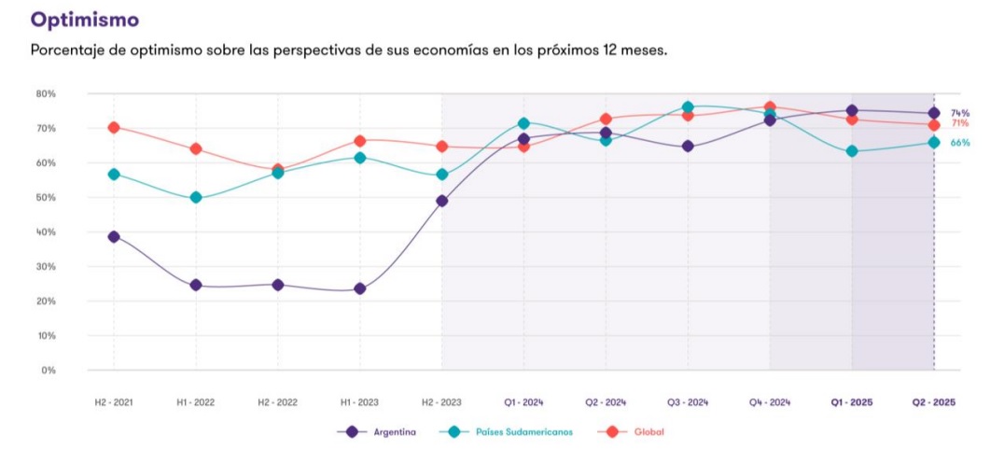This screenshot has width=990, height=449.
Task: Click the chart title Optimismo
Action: click(x=85, y=19)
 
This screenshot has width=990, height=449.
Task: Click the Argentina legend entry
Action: click(x=391, y=431)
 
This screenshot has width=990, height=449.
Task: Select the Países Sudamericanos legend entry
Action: click(x=523, y=431)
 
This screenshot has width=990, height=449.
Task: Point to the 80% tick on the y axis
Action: click(x=47, y=93)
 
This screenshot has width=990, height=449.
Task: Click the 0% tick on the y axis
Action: click(x=49, y=371)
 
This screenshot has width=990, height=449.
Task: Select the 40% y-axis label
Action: click(x=47, y=232)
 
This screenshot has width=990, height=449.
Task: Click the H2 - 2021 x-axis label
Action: click(x=113, y=402)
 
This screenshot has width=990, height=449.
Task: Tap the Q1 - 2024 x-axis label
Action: click(x=523, y=402)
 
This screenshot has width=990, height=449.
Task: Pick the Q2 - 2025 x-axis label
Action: click(x=933, y=402)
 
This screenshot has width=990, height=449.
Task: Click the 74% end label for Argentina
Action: click(x=960, y=113)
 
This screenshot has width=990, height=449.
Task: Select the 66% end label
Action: click(x=960, y=143)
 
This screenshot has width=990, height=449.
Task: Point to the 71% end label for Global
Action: click(x=960, y=123)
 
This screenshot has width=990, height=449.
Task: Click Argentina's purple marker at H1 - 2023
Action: click(x=360, y=288)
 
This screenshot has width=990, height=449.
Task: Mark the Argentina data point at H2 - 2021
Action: click(x=114, y=237)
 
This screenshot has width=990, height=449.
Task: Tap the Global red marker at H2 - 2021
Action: click(x=114, y=127)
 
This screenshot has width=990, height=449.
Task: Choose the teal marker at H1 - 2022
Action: click(x=196, y=198)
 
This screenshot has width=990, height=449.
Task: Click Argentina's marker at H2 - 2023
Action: click(x=442, y=201)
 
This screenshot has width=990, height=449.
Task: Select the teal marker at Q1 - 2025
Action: click(x=852, y=151)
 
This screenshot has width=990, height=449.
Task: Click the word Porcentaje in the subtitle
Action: click(x=68, y=49)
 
